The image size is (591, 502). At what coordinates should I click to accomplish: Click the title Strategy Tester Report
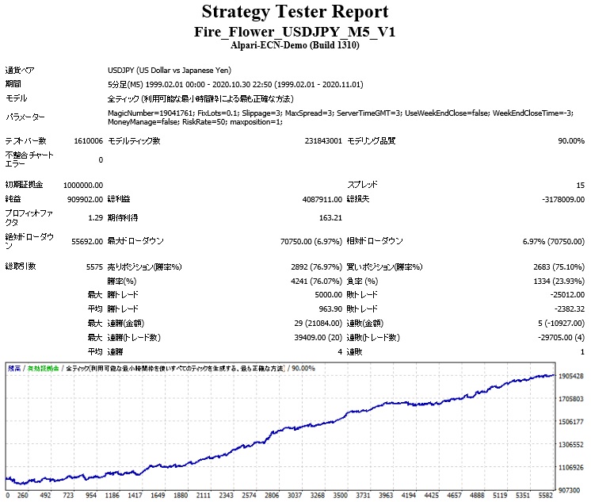295,12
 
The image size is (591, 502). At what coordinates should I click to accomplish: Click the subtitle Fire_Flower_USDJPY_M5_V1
295,32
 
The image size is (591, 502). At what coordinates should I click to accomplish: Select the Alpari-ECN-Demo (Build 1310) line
295,46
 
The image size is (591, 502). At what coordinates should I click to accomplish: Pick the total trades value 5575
93,266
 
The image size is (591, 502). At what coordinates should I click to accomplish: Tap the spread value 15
580,184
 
